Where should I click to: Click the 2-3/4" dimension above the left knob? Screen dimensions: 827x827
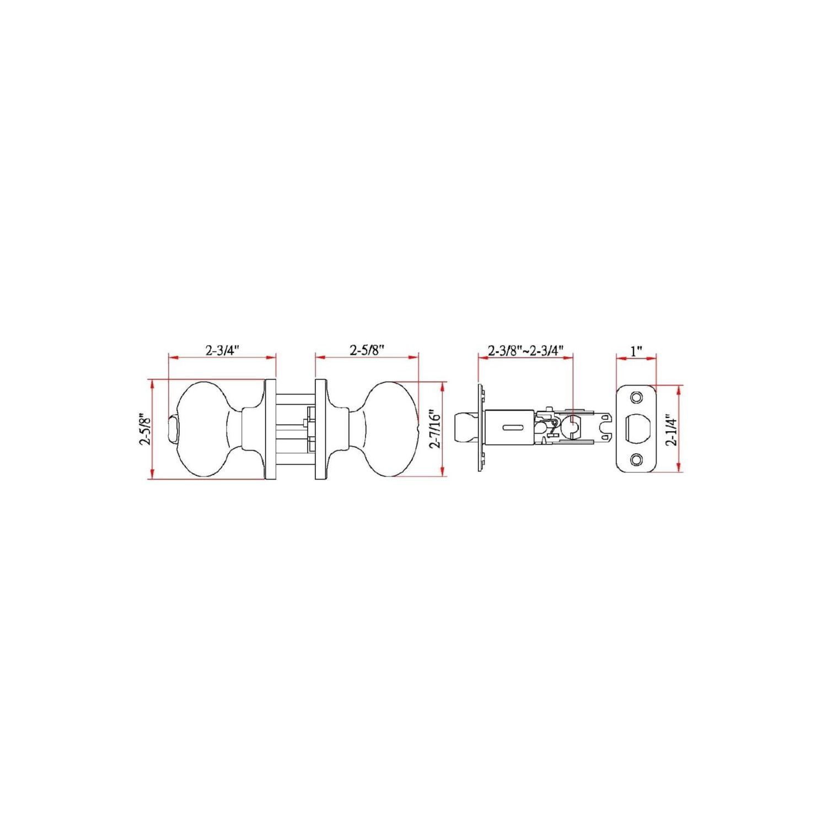(223, 350)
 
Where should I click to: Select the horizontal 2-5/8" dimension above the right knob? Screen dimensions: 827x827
(367, 350)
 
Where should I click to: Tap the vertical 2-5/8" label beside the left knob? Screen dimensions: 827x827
(146, 429)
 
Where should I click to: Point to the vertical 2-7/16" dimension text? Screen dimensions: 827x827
(436, 428)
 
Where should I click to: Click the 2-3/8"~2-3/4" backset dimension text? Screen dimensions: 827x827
(525, 351)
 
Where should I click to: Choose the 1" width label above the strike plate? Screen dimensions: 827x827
(636, 351)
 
